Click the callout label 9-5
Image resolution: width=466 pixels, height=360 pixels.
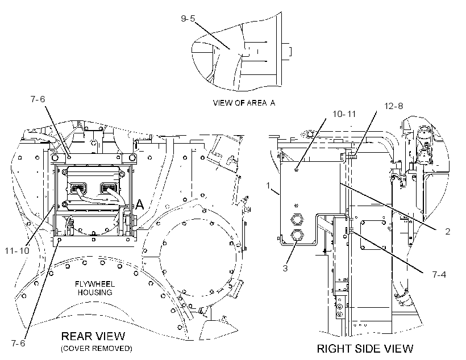(188, 18)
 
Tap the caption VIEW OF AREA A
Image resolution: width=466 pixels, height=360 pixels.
(244, 103)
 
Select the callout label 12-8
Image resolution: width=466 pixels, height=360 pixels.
(393, 106)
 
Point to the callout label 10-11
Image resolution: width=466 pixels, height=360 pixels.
(344, 114)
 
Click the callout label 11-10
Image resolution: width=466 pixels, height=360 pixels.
(17, 250)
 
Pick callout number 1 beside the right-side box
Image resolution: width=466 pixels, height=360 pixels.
(268, 186)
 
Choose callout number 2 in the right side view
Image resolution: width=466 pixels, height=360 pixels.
(448, 231)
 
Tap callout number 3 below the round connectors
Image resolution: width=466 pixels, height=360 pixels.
(285, 268)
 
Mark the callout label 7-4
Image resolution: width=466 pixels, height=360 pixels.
(439, 274)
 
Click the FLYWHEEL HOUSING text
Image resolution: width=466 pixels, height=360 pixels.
(95, 288)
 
